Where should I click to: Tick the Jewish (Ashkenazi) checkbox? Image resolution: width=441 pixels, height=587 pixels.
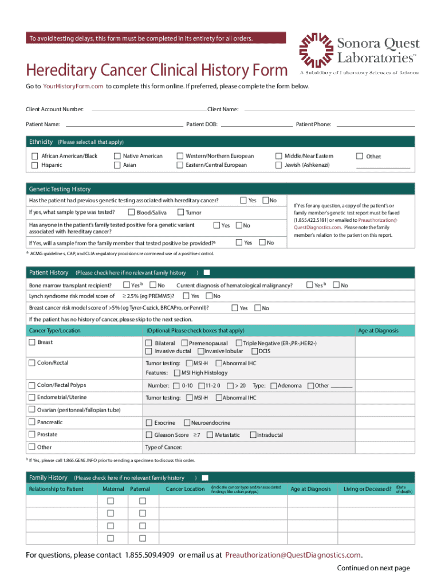coord(279,165)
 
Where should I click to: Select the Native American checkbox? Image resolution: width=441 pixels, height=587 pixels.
coord(117,156)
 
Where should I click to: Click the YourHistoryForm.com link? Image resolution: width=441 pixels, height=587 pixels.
coord(73,86)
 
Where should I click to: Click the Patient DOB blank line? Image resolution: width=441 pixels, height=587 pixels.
coord(256,124)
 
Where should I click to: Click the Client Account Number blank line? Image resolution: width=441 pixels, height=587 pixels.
coord(148,109)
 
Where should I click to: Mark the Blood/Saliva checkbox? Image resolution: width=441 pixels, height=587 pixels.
coord(131,213)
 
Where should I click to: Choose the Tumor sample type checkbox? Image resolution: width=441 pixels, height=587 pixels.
coord(180,213)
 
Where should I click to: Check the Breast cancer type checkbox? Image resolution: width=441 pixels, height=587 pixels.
coord(32,342)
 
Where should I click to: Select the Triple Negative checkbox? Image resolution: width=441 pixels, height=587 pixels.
coord(238,343)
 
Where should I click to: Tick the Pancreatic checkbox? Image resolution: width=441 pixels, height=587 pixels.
coord(32,422)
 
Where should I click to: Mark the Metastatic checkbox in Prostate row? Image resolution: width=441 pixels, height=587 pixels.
coord(210,435)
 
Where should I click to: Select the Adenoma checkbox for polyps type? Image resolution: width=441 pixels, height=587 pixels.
coord(273,386)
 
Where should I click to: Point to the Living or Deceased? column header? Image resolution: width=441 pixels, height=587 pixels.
coord(367,489)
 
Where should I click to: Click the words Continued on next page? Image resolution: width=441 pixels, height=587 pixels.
coord(373,568)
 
